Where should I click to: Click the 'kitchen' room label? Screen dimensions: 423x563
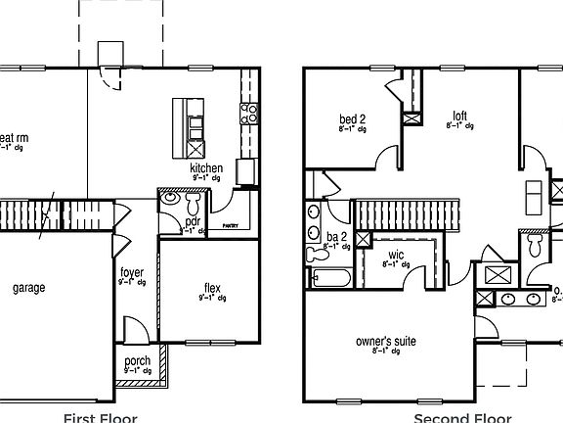206,168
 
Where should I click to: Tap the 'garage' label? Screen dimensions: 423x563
29,288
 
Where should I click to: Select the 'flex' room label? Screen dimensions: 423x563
212,288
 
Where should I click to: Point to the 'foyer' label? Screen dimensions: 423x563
132,272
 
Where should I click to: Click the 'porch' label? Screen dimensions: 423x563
137,361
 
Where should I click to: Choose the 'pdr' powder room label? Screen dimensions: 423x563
193,221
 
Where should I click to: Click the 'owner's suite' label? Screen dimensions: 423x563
385,341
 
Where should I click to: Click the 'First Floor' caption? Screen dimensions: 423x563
101,417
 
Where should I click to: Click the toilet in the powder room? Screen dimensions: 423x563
192,203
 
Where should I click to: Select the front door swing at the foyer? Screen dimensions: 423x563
135,328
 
